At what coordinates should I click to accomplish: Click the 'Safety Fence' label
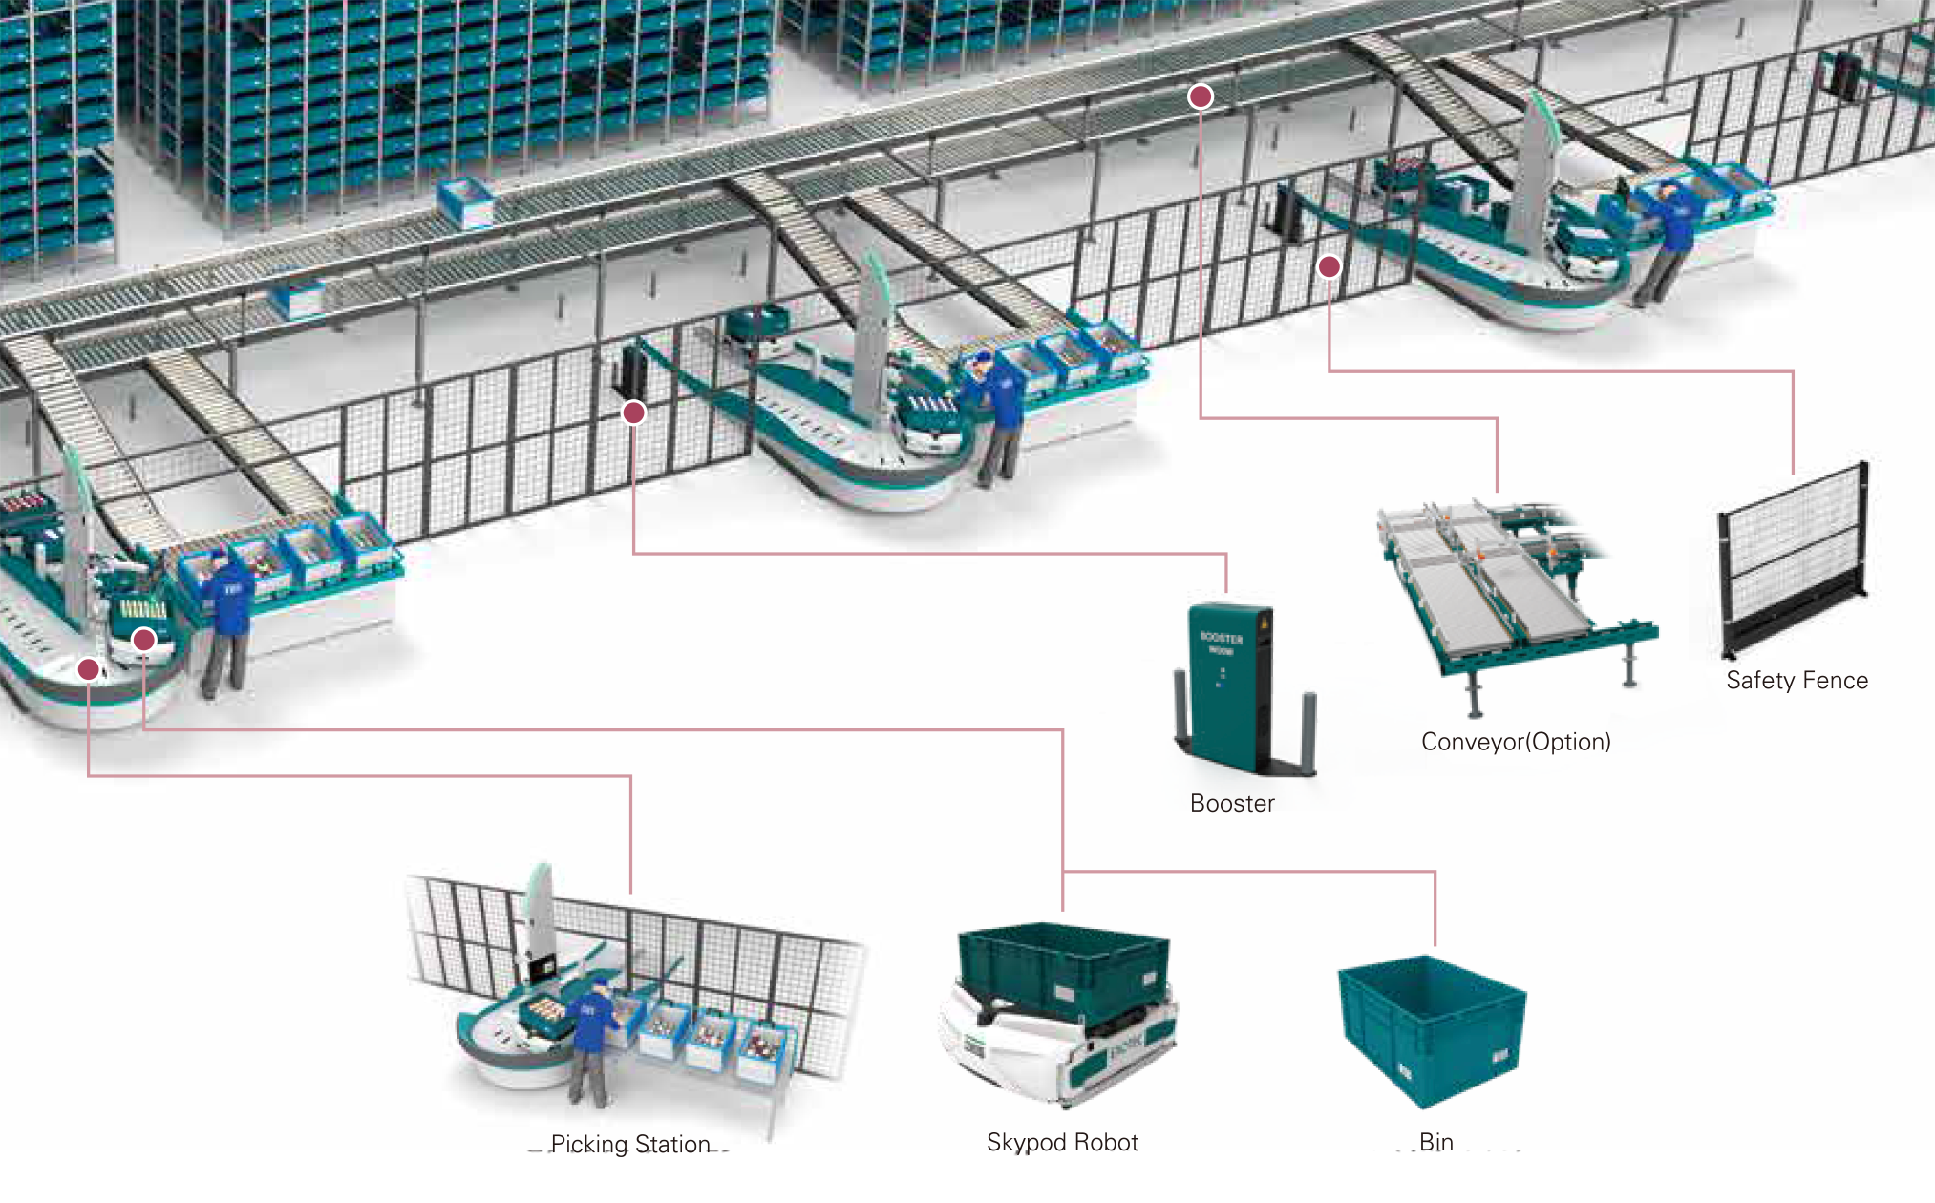(1797, 680)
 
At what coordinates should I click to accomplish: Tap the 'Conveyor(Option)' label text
(1516, 742)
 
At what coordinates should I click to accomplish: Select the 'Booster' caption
(1232, 803)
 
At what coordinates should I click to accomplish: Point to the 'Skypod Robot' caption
(1062, 1142)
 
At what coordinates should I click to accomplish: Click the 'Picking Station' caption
(630, 1144)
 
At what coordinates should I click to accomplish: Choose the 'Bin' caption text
(1436, 1142)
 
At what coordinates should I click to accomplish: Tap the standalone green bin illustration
(1432, 1031)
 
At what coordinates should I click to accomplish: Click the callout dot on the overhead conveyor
(1201, 96)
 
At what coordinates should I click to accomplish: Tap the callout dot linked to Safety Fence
(1329, 267)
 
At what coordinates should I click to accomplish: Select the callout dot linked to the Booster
(633, 412)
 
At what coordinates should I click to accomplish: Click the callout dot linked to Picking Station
(88, 669)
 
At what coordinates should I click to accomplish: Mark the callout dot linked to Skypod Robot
(143, 640)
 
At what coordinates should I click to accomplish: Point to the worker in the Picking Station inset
(592, 1041)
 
